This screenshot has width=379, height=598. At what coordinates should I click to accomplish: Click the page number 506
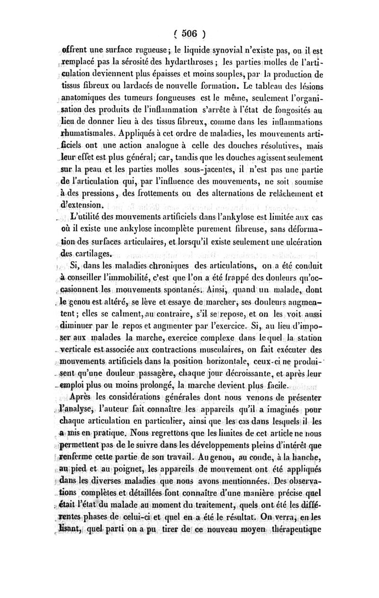click(189, 34)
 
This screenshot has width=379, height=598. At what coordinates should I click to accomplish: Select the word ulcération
click(305, 242)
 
